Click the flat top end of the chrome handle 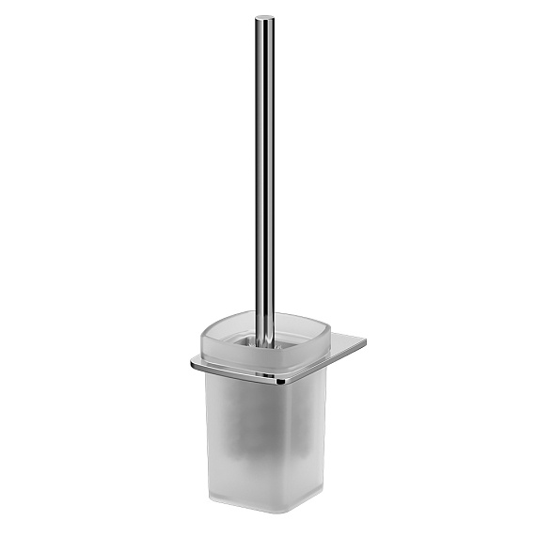click(x=264, y=17)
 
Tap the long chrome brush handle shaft click(x=263, y=169)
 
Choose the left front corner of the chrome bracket click(x=196, y=361)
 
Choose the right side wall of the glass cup click(x=314, y=433)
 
